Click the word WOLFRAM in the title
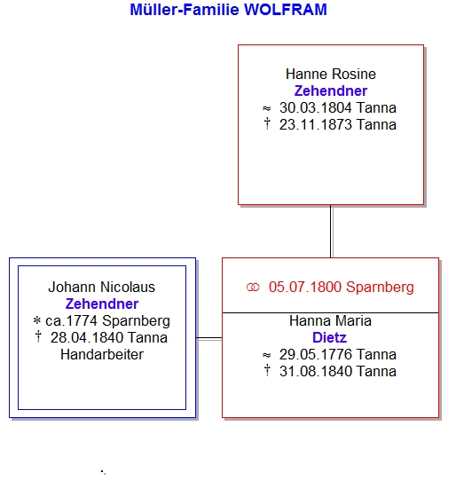[x=285, y=10]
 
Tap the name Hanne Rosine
[x=331, y=75]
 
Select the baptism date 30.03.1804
[x=316, y=108]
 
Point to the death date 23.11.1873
[x=316, y=125]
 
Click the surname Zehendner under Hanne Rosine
[x=331, y=91]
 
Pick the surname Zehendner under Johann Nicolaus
[x=102, y=304]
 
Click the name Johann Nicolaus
[x=102, y=288]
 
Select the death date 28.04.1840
[x=87, y=338]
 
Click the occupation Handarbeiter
[x=102, y=355]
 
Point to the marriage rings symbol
[x=253, y=288]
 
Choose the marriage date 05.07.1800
[x=305, y=288]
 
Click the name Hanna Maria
[x=330, y=321]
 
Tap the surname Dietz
[x=329, y=338]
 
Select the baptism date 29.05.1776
[x=316, y=355]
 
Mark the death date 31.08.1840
[x=316, y=372]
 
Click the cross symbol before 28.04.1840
[x=38, y=337]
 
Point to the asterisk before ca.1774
[x=37, y=320]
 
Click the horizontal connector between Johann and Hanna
[x=208, y=338]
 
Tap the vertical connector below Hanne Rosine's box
[x=331, y=231]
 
